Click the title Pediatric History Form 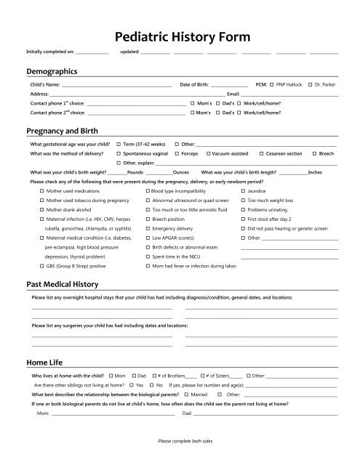[180, 36]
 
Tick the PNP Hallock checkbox [271, 86]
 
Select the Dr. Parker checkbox [311, 86]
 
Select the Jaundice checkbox [243, 190]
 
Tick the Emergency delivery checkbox [148, 228]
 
